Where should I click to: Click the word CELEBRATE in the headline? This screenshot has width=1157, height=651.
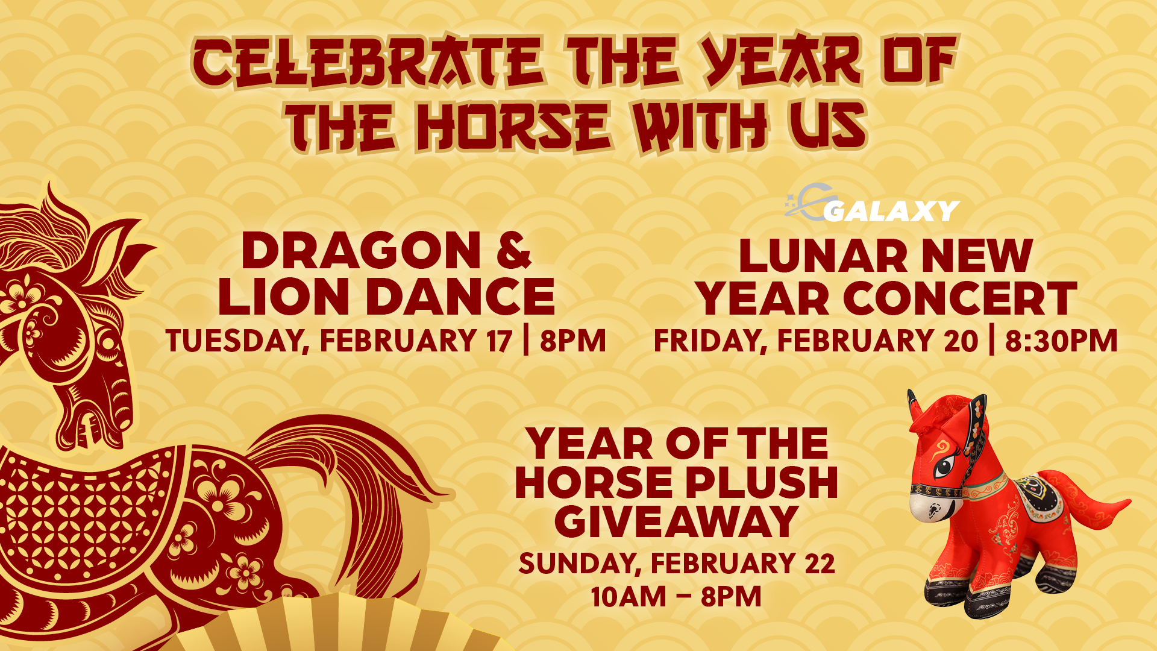[x=368, y=61]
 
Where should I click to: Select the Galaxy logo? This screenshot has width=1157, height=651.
[x=872, y=204]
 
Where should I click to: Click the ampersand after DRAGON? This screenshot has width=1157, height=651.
[x=514, y=251]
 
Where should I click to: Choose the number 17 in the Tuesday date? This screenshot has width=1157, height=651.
[x=499, y=341]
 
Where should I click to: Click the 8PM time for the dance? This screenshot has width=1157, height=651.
[x=572, y=341]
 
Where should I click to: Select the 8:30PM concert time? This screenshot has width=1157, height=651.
[x=1061, y=341]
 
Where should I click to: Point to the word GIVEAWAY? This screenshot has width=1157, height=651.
[x=676, y=521]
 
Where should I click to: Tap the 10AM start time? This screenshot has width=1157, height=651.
[x=628, y=597]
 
